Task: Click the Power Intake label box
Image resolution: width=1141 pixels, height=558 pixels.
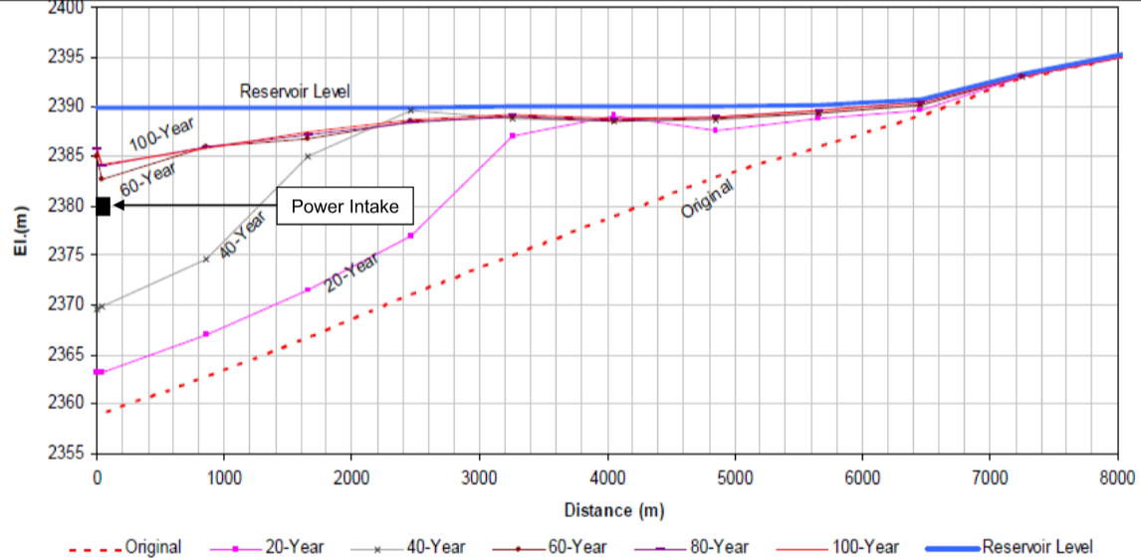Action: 344,207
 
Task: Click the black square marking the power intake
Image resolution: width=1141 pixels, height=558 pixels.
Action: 103,206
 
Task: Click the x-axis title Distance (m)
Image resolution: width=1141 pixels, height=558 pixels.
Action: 613,510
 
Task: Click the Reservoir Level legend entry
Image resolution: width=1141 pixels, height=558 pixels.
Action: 1036,547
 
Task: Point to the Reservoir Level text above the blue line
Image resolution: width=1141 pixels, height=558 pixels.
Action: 295,92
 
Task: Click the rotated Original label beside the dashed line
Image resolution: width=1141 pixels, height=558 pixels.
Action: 708,198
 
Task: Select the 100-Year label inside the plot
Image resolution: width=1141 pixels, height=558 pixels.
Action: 162,133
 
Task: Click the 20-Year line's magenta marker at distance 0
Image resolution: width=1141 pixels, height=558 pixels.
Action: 98,372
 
